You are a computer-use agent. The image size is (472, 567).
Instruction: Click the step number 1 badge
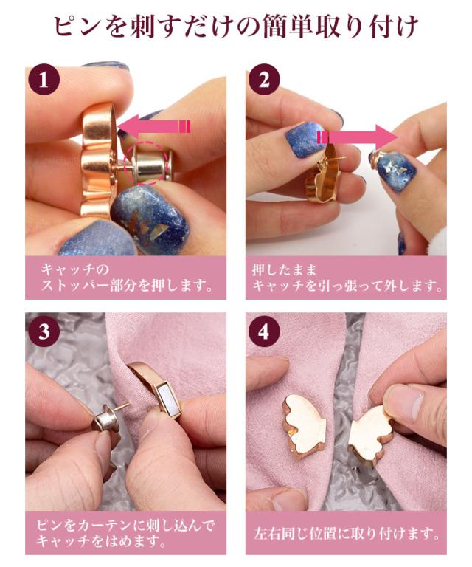(44, 80)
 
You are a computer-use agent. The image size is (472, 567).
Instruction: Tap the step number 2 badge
(264, 80)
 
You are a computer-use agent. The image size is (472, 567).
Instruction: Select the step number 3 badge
(44, 331)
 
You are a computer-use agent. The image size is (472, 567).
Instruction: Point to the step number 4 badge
(264, 331)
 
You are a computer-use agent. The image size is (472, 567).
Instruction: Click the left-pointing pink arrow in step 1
(154, 126)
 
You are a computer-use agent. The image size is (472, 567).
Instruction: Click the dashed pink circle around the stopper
(146, 162)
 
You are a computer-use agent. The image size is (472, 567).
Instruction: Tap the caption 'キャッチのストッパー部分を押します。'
(126, 278)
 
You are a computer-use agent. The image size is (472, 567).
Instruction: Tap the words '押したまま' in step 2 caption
(284, 269)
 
